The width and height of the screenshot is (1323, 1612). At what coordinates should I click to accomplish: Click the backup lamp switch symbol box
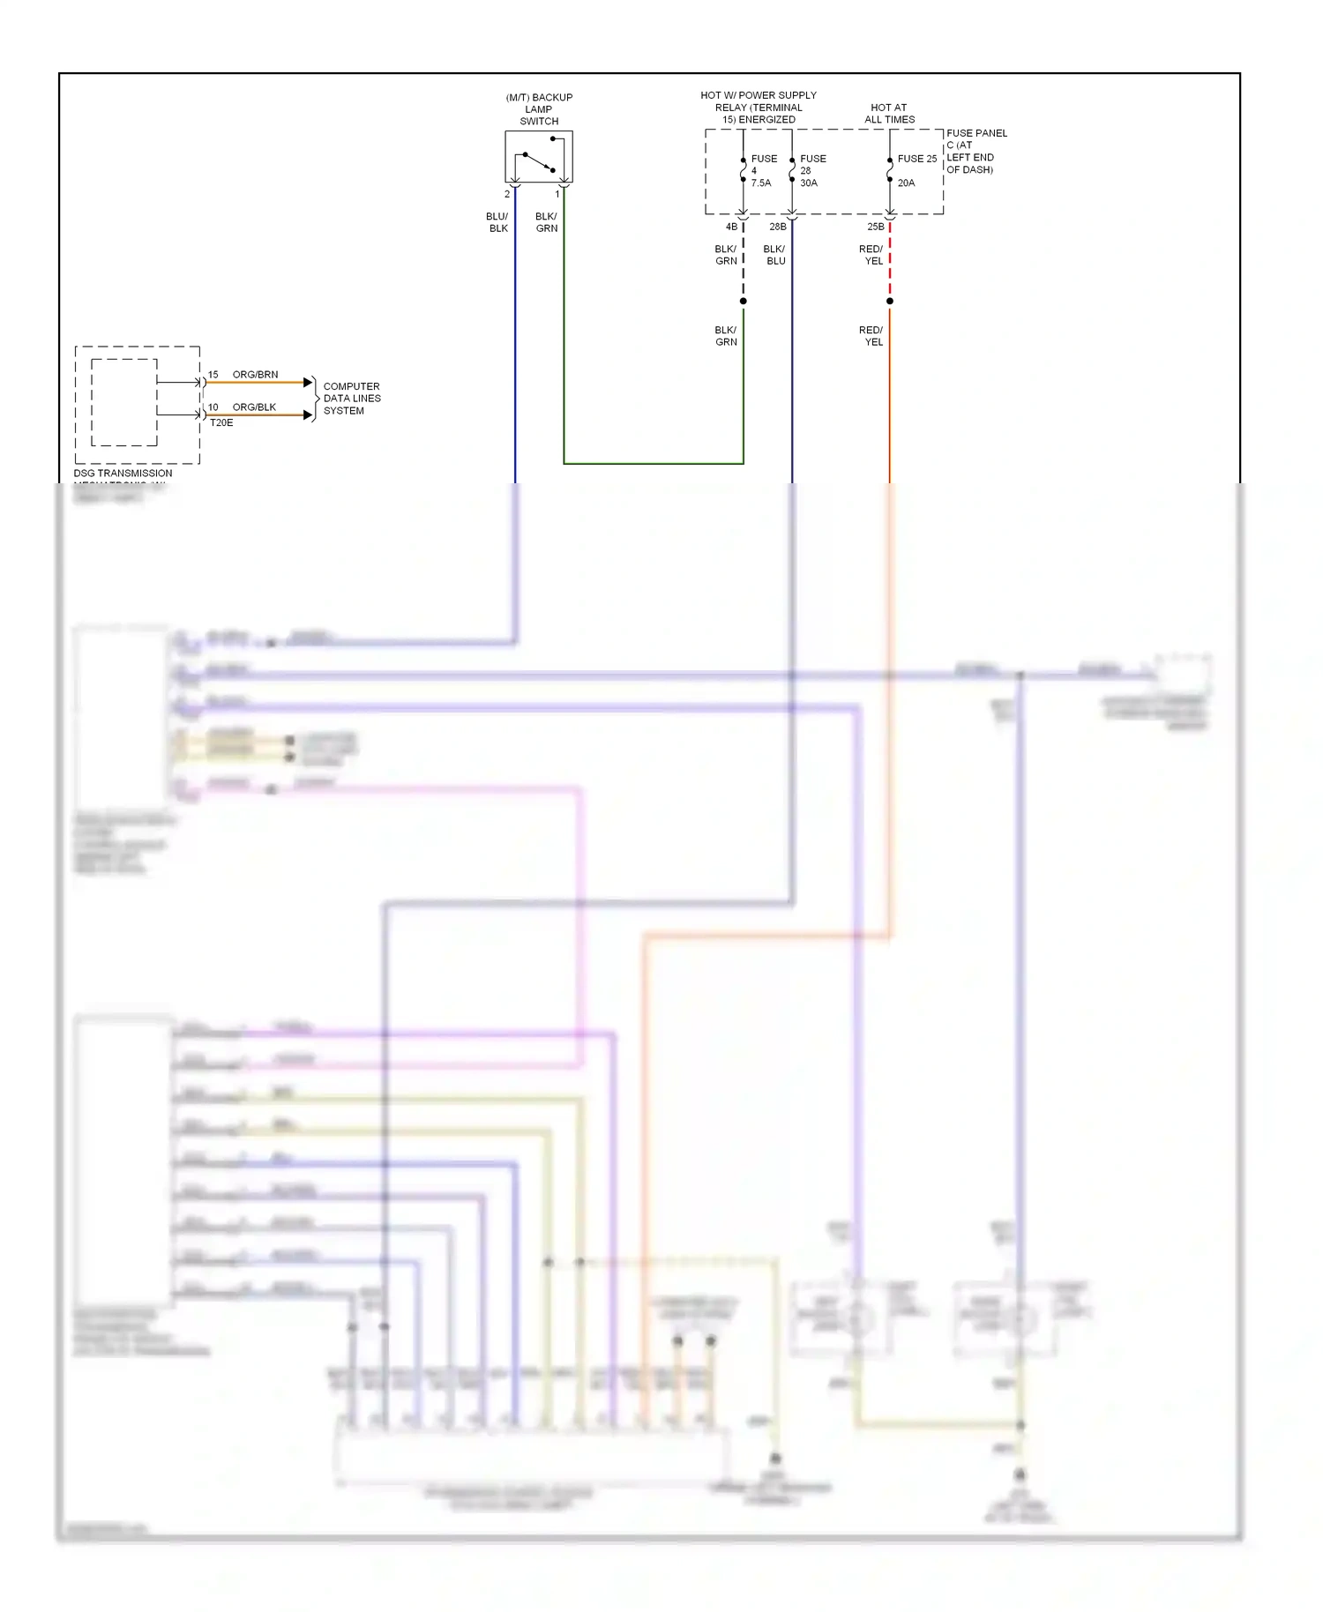[538, 157]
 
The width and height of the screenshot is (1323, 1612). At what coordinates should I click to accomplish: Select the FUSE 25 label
[916, 159]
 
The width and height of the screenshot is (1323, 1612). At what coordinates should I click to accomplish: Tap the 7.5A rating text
[760, 183]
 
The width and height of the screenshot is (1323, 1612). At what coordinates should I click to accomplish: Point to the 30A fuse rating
[809, 183]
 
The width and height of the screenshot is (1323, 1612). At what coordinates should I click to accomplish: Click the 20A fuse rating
[906, 183]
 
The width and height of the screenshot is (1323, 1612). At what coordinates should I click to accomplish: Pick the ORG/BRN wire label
[255, 375]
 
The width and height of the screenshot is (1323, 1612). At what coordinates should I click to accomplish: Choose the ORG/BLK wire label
[254, 407]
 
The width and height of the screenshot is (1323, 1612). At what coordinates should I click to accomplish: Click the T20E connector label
[221, 423]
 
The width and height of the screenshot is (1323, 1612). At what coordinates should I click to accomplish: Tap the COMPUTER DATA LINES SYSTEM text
[352, 399]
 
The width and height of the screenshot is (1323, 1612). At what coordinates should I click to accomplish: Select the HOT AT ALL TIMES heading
[889, 114]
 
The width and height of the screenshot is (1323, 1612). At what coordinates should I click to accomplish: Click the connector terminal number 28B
[777, 227]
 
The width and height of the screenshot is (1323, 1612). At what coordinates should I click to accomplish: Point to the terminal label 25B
[875, 227]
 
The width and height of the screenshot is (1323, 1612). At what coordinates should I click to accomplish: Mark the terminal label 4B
[731, 227]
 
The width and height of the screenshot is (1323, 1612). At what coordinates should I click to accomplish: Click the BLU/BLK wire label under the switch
[497, 222]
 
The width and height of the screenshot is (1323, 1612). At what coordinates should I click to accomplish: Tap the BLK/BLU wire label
[774, 255]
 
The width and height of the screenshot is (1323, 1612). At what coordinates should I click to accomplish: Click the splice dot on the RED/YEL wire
[889, 302]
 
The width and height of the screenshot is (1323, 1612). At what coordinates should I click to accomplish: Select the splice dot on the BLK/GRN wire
[744, 302]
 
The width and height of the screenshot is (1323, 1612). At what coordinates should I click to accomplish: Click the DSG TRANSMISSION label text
[123, 474]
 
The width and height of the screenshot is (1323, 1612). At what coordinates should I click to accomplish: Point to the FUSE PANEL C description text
[975, 151]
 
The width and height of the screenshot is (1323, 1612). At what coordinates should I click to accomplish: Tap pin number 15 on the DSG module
[213, 375]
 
